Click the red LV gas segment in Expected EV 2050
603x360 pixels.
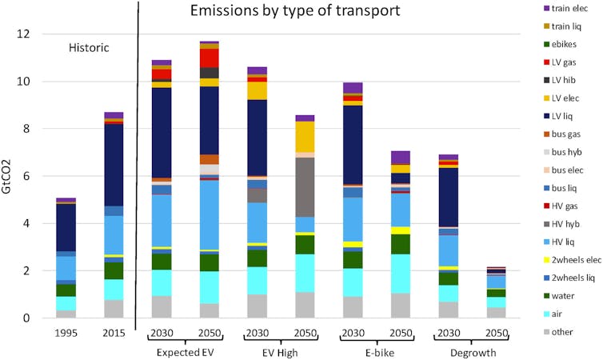210,58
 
